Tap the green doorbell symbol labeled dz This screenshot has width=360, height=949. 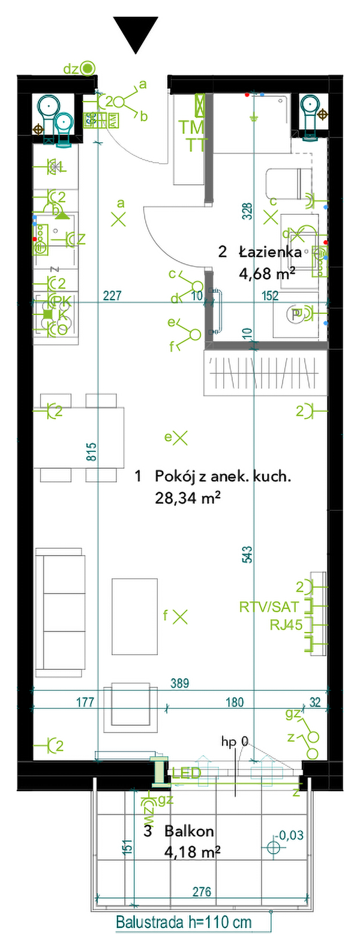pos(88,68)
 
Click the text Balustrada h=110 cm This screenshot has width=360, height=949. pos(184,923)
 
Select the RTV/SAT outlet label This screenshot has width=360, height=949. pos(268,607)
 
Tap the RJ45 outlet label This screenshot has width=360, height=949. pos(286,625)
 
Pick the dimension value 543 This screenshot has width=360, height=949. pos(248,555)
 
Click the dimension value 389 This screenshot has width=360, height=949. pos(179,682)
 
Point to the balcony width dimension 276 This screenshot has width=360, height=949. pos(202,892)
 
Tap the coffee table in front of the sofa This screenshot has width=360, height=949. pos(134,616)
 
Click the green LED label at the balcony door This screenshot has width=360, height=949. pos(187,773)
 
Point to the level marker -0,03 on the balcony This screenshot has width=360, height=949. pos(290,834)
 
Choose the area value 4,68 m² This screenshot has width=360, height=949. pos(266,274)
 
